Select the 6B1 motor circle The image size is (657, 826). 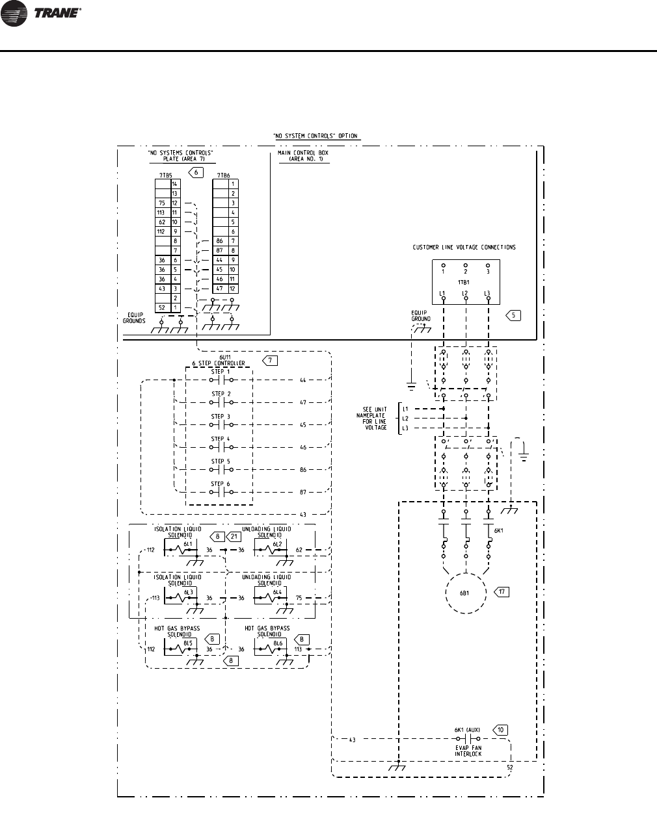(464, 593)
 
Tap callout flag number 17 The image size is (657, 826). (502, 592)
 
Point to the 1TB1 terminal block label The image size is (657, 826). (464, 283)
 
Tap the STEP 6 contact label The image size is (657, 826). (221, 484)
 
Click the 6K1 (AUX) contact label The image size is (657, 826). (467, 730)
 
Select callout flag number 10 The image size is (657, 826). (500, 730)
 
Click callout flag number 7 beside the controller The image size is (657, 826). (269, 361)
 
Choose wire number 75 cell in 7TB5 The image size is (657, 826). (162, 203)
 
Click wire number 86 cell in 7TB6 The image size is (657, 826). (220, 241)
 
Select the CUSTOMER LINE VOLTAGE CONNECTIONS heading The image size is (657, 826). (464, 248)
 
